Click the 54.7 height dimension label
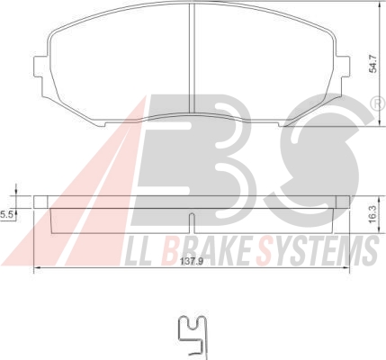click(x=373, y=65)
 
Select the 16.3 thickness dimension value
click(x=373, y=214)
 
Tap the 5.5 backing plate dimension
click(x=5, y=215)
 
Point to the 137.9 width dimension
click(x=192, y=262)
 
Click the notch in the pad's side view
click(x=192, y=222)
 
